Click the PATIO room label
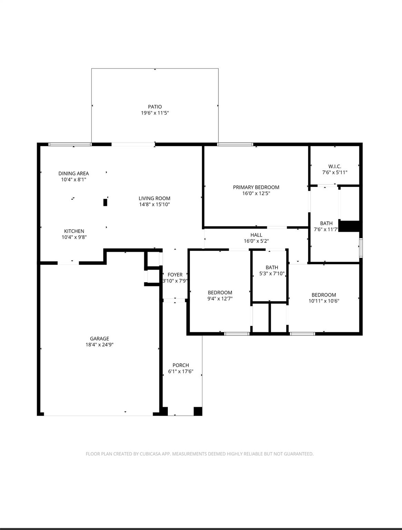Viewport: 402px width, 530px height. (x=155, y=107)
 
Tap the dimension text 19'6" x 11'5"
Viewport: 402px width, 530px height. (x=155, y=113)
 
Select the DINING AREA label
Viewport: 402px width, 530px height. (x=73, y=173)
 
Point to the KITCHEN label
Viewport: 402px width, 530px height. (x=74, y=231)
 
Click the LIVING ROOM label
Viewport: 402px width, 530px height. (x=154, y=198)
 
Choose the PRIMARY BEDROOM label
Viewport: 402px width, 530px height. (x=256, y=187)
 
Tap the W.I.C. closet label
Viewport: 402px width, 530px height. (x=335, y=166)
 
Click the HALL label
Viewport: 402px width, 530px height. (x=256, y=235)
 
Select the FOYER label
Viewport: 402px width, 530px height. (x=175, y=275)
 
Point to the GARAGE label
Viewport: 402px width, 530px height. (x=100, y=338)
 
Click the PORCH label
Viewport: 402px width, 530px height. (x=181, y=365)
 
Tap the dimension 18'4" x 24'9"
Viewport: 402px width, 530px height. (x=100, y=344)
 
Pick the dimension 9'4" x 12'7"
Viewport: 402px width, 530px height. (x=220, y=299)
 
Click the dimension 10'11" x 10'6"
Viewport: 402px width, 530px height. (x=324, y=301)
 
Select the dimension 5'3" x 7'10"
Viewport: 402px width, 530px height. (x=272, y=274)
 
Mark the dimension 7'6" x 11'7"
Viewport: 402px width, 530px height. (x=326, y=229)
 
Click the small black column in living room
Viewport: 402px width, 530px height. (x=105, y=202)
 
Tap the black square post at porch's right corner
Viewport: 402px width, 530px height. (x=198, y=411)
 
